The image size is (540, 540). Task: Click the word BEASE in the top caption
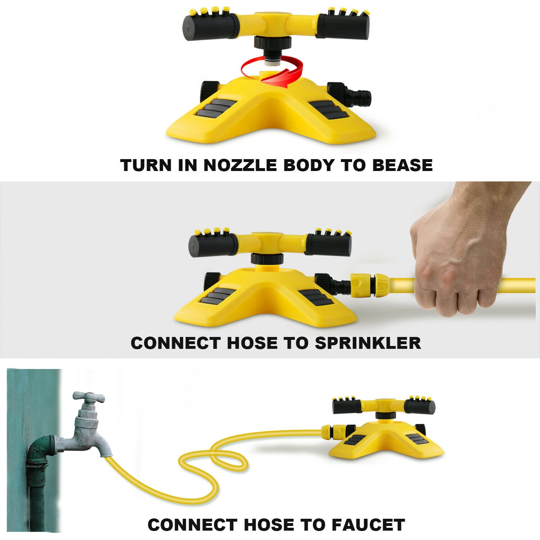(x=402, y=165)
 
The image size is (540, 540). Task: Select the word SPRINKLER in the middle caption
(x=368, y=343)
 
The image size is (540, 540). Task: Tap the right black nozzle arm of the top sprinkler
(x=342, y=26)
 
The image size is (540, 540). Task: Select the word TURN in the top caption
(x=146, y=165)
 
